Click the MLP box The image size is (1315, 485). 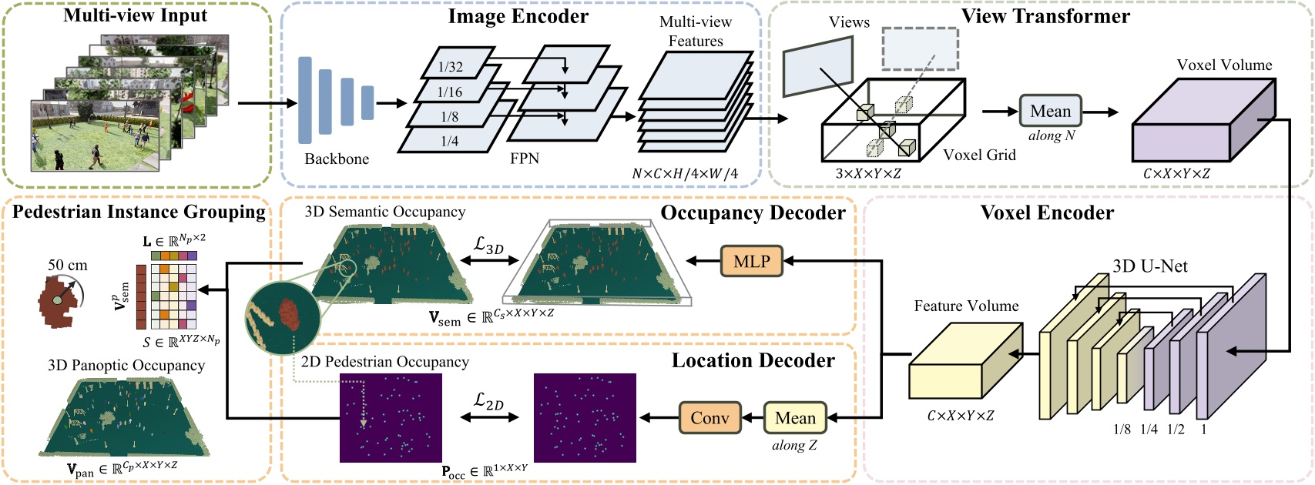tap(751, 262)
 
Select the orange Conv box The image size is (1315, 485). tap(709, 418)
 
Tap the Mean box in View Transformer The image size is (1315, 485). tap(1050, 112)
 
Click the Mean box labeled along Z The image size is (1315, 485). tap(794, 418)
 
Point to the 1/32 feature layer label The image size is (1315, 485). tap(451, 67)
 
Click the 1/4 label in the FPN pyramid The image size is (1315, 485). tap(450, 142)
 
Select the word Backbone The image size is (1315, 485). tap(337, 159)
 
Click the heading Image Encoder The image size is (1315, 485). tap(518, 16)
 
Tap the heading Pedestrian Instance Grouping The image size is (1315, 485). tap(139, 212)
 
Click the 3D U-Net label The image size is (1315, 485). tap(1149, 266)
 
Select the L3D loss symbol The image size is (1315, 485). tap(488, 246)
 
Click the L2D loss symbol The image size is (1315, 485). tap(488, 400)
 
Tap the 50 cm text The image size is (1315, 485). tap(68, 266)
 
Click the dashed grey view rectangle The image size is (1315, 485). tap(920, 48)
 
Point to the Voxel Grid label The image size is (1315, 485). tap(979, 156)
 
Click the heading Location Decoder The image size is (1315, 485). tap(753, 361)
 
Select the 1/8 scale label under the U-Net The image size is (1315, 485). tap(1122, 430)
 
